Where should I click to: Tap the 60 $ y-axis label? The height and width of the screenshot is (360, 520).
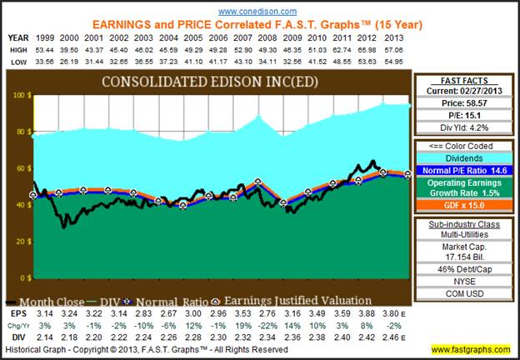(17, 169)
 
